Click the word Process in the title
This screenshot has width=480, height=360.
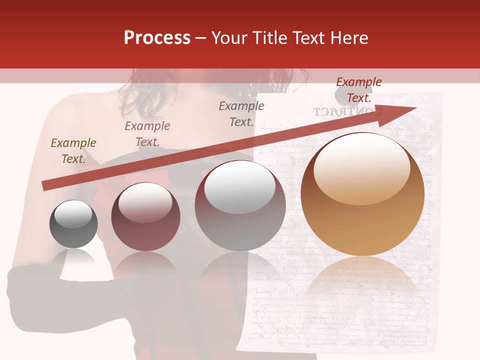157,38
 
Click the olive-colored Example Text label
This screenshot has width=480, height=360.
73,150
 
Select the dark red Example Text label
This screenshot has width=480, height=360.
358,89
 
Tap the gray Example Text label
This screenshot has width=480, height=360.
241,113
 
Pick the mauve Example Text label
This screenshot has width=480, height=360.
147,133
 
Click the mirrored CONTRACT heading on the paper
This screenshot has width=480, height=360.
347,111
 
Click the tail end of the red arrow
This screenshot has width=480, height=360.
46,185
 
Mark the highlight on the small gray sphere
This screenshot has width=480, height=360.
73,214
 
